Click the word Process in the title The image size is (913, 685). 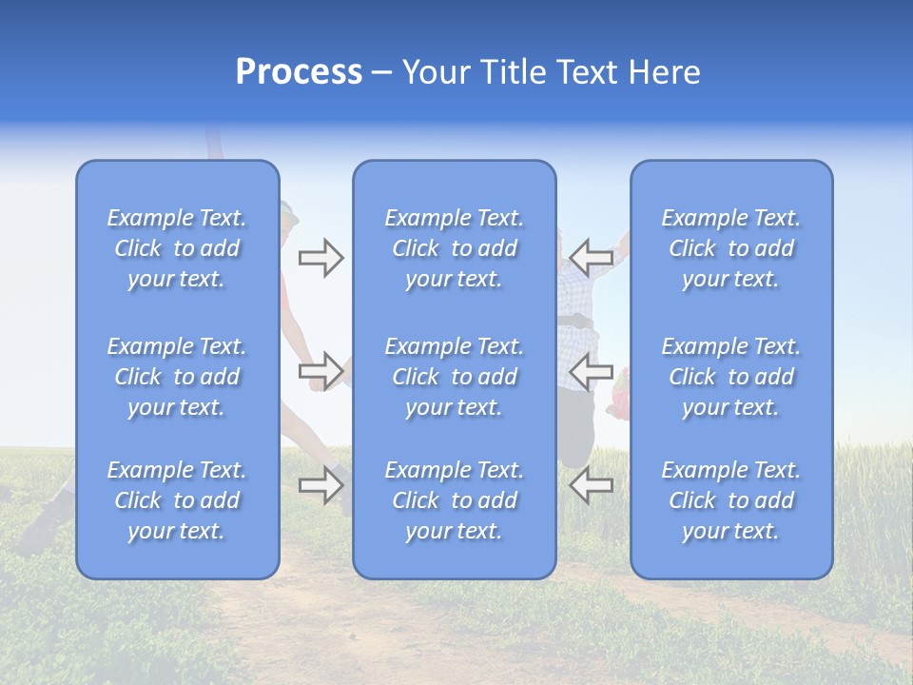[x=299, y=72]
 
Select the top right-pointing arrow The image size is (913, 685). [x=321, y=257]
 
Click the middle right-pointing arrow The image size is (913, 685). [x=321, y=369]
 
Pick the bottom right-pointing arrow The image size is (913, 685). [x=321, y=485]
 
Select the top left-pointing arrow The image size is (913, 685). [x=591, y=257]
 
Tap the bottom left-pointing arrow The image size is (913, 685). [x=591, y=485]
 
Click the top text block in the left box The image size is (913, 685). [x=177, y=248]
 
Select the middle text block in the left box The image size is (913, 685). [x=177, y=377]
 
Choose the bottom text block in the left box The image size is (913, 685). [x=177, y=500]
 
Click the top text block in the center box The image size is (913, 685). [x=454, y=248]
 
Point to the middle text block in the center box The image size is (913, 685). [x=454, y=377]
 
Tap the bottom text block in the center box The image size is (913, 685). [x=454, y=500]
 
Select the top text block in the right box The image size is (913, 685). [x=730, y=248]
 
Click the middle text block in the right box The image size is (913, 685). [x=730, y=377]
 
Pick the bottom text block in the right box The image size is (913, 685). [x=730, y=500]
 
